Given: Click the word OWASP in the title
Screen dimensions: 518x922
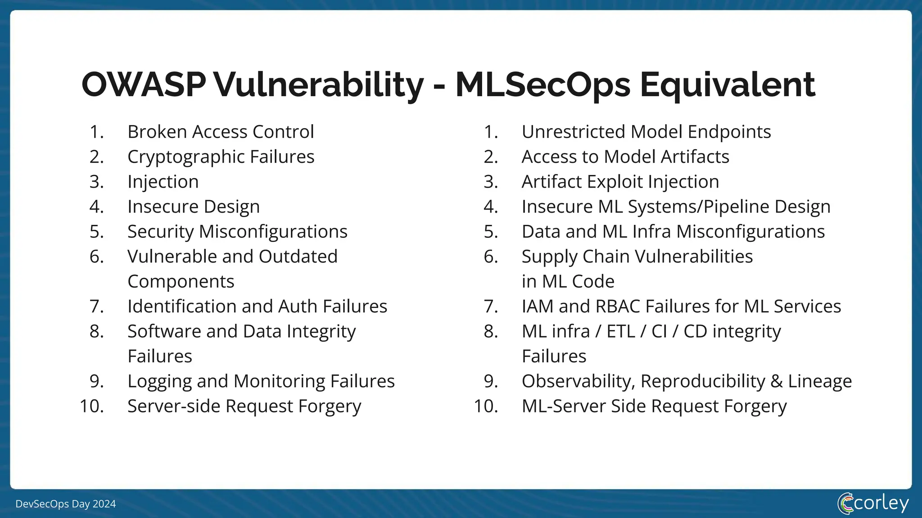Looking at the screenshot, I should pos(144,85).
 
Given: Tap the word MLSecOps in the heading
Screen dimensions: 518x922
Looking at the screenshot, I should pos(542,85).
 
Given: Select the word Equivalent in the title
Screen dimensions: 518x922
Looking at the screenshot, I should pos(727,85).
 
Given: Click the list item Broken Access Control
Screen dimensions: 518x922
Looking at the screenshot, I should pos(221,132).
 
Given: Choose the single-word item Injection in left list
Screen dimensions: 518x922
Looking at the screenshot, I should pos(163,182).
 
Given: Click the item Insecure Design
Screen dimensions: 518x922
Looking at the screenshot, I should pos(194,207).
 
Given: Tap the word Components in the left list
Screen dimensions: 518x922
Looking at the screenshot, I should pos(181,281).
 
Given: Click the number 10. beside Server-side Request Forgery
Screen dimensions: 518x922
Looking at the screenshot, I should pos(92,406).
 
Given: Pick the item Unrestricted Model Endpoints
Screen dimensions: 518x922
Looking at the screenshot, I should pos(646,132).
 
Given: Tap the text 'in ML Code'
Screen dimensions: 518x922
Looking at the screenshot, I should pos(568,281).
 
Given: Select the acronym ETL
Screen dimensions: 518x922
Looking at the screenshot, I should pos(621,331).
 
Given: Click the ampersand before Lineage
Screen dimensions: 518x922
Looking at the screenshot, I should pos(776,381).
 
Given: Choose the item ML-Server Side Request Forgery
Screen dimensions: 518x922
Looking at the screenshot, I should pos(654,406).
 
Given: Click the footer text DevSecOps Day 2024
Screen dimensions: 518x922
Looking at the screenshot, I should pos(66,504).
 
